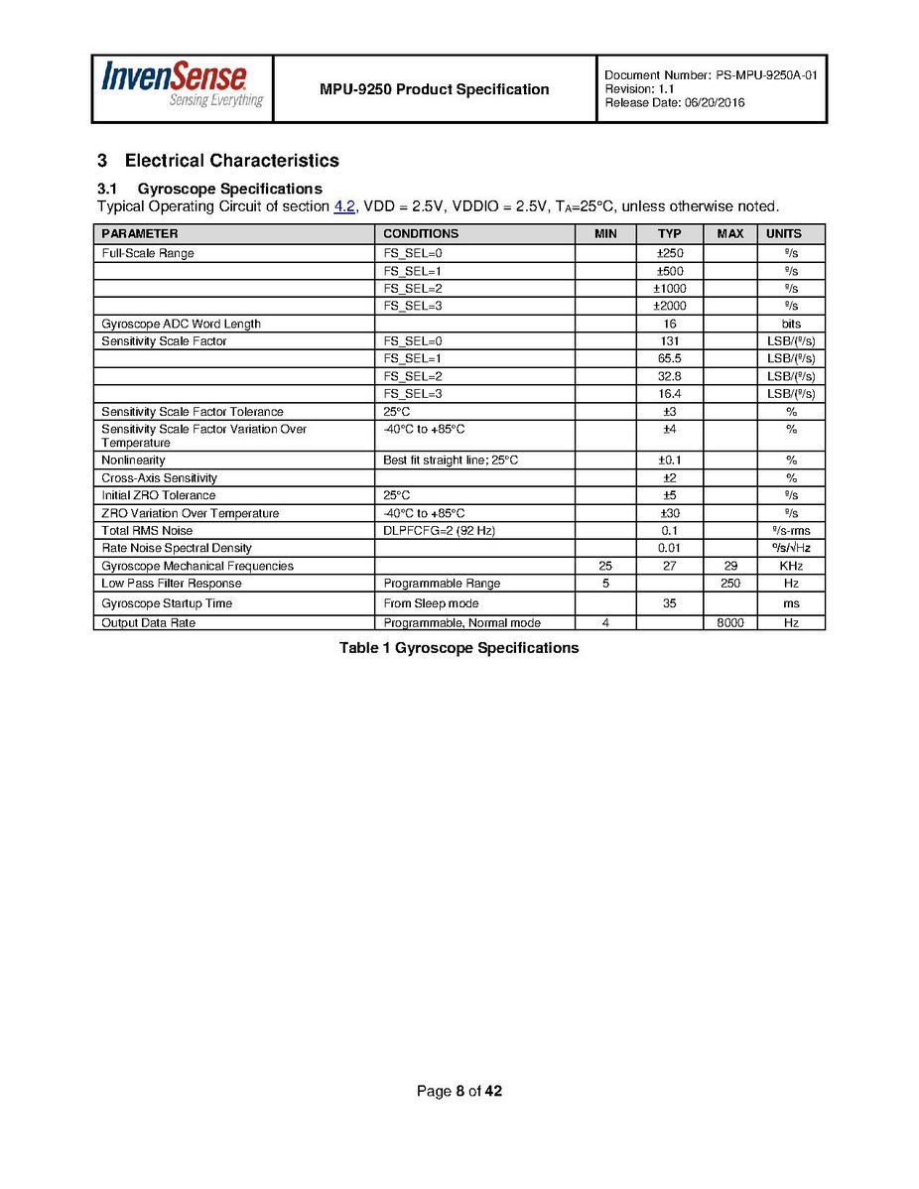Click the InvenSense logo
coord(182,86)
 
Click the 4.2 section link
coord(344,206)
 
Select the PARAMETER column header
coord(140,234)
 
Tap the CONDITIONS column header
coord(421,234)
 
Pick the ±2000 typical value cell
coord(669,306)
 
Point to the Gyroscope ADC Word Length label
coord(181,324)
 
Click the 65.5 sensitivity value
coord(669,358)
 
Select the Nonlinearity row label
coord(133,461)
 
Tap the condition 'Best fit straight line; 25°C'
coord(451,461)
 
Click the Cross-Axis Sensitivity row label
coord(159,478)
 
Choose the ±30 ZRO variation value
coord(669,513)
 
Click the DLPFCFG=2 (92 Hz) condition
coord(439,531)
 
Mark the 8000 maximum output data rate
coord(729,623)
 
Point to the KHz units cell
coord(790,566)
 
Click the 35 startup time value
coord(669,603)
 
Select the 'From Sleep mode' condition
coord(431,603)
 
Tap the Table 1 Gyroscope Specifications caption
coord(459,648)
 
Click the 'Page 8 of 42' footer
coord(459,1092)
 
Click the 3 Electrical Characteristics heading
coord(218,161)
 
